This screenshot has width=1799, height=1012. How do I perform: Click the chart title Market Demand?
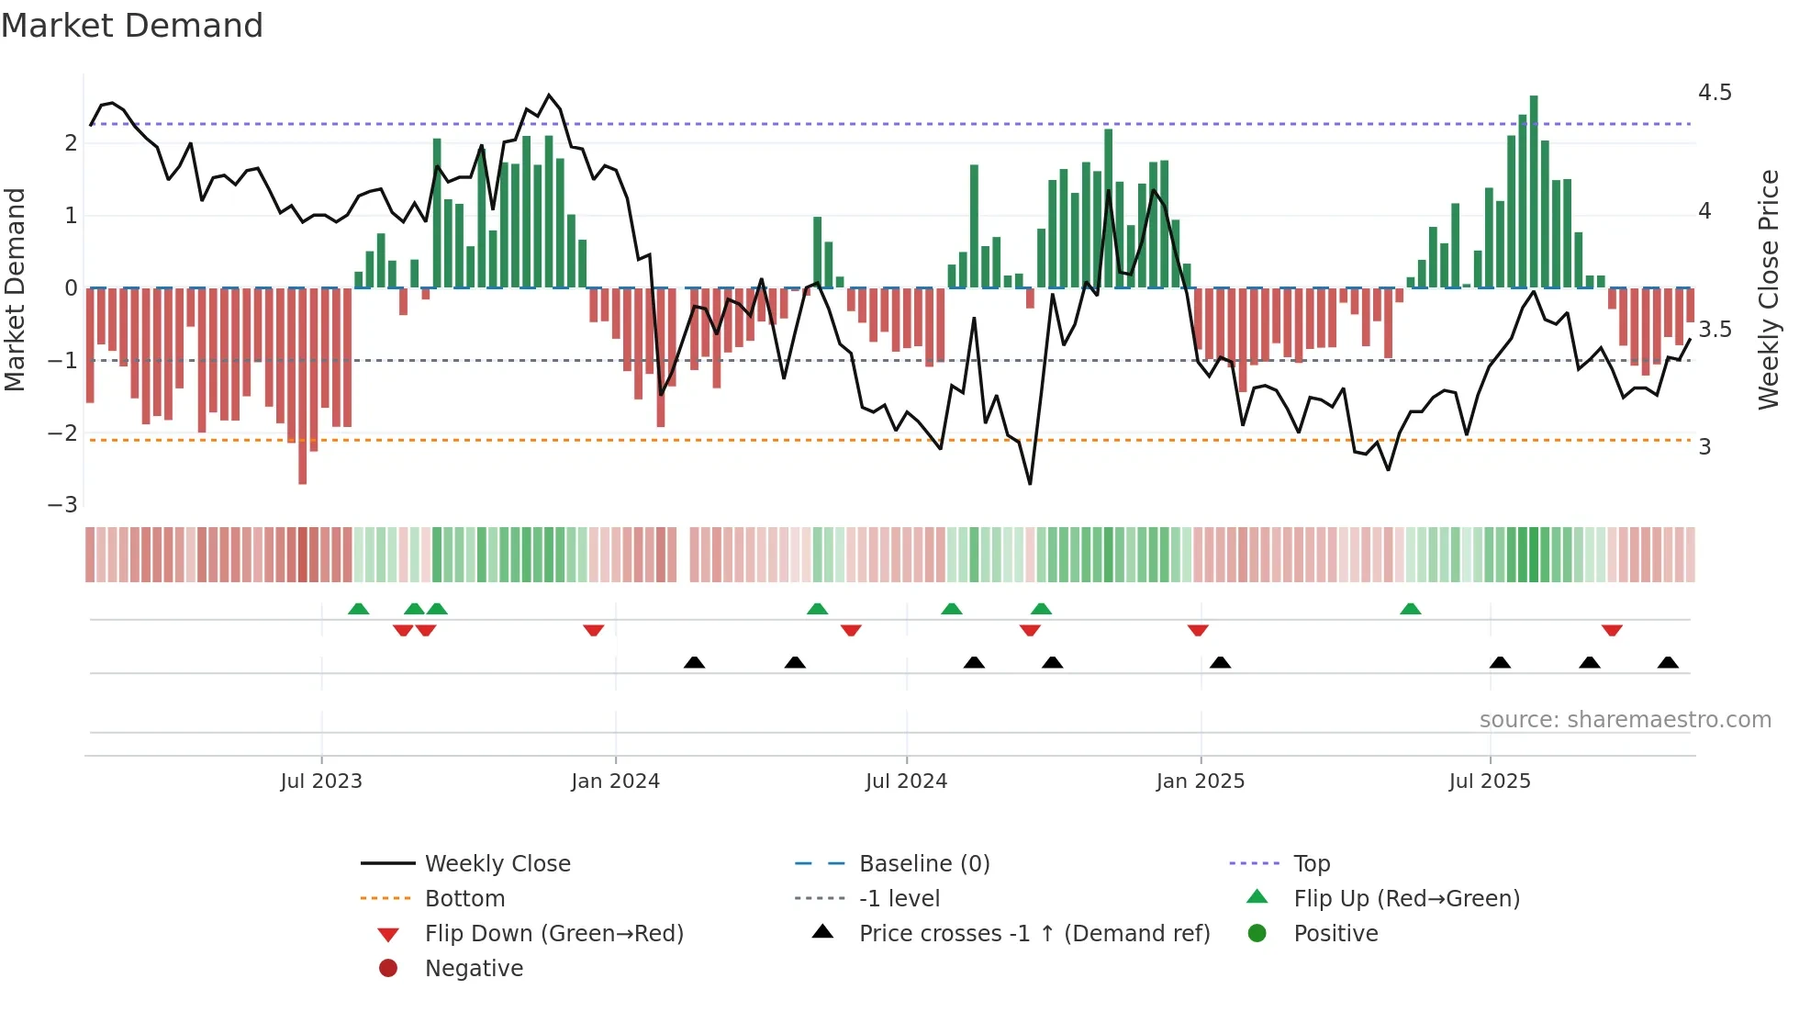tap(132, 26)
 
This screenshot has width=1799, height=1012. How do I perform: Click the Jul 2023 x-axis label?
tap(321, 781)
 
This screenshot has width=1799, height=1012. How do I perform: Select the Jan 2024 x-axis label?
tap(615, 781)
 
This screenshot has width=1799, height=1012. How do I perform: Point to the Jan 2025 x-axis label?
tap(1200, 781)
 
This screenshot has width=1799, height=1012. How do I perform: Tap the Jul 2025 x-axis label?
tap(1490, 781)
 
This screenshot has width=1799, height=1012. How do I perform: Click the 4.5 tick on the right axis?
tap(1715, 93)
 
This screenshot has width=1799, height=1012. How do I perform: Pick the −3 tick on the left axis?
tap(62, 505)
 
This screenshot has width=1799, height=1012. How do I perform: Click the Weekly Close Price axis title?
tap(1768, 289)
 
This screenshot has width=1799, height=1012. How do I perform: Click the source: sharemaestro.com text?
tap(1625, 720)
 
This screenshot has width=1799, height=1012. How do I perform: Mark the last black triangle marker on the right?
tap(1668, 663)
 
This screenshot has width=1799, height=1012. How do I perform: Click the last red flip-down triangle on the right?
tap(1612, 630)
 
